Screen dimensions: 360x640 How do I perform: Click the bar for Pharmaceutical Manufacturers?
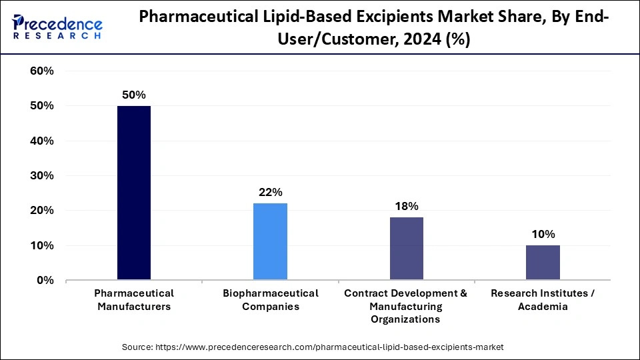click(134, 193)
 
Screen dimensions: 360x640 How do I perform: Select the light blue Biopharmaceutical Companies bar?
click(270, 241)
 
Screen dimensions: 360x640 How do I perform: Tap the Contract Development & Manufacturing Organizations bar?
click(406, 249)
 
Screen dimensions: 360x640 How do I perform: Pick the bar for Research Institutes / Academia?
click(543, 263)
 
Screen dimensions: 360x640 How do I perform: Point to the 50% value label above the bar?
click(134, 95)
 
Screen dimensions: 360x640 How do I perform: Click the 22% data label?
click(270, 192)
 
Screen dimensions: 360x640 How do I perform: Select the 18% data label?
click(406, 206)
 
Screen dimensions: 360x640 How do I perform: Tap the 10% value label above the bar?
click(543, 234)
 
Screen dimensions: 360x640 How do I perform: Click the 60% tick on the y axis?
click(42, 71)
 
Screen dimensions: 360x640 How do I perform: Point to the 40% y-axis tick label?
click(42, 141)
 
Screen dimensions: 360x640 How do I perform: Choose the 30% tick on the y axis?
click(42, 176)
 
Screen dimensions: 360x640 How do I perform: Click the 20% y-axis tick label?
click(42, 211)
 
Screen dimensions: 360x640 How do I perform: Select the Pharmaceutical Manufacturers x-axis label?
click(134, 300)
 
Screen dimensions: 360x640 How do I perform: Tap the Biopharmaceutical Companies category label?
click(270, 300)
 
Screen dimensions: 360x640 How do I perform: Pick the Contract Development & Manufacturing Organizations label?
click(406, 306)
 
